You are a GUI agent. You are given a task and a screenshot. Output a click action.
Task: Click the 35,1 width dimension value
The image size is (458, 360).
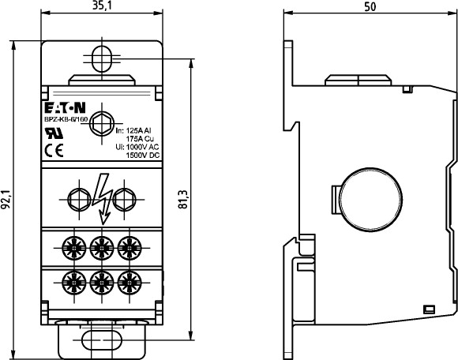(102, 6)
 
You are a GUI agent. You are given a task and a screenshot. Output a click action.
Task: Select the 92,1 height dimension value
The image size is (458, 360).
(6, 200)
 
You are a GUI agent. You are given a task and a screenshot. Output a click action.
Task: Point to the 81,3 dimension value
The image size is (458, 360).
(183, 200)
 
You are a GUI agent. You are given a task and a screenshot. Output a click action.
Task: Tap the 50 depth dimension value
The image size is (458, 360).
(370, 7)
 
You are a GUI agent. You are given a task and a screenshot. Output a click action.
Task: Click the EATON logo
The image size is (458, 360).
(65, 107)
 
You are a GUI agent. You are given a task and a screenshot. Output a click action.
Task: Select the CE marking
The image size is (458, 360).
(54, 150)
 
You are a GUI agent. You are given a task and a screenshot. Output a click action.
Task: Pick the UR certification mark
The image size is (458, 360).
(54, 133)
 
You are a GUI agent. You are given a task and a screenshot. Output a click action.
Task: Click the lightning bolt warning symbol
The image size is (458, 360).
(102, 198)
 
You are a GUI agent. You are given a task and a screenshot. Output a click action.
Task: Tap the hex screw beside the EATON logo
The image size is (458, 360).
(102, 124)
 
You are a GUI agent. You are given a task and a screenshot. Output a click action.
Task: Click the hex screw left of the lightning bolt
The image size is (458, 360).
(79, 200)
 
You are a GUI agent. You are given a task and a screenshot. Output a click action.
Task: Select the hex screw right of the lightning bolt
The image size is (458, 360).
(125, 200)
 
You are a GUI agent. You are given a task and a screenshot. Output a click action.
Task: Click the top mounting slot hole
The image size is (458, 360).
(102, 59)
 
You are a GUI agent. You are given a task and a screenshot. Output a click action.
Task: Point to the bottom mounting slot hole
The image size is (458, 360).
(102, 340)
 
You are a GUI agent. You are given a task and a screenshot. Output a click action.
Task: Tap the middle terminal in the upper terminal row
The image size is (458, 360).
(102, 248)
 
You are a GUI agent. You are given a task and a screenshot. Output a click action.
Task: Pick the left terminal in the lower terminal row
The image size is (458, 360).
(74, 283)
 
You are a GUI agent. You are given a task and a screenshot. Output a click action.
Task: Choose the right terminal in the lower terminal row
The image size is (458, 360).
(130, 283)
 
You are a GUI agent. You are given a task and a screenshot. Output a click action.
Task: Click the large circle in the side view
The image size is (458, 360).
(371, 201)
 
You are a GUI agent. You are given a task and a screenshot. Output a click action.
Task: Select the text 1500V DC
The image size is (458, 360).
(143, 155)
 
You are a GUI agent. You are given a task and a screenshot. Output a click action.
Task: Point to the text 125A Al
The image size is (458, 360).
(138, 130)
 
